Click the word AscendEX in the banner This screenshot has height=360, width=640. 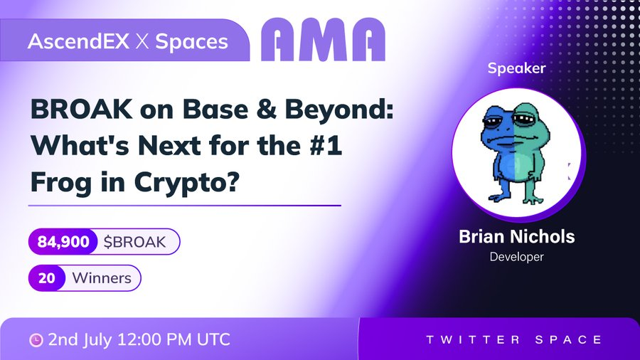pos(78,41)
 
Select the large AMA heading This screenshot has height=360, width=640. pos(323,40)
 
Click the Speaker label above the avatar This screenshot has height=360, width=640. pos(516,68)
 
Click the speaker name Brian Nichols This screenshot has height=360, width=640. pos(517,236)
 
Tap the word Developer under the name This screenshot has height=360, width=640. pos(517,257)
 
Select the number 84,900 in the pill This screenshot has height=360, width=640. pos(63,242)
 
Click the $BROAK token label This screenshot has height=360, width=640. pos(134,242)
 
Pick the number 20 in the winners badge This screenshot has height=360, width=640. pos(46,278)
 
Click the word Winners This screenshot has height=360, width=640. pos(102,278)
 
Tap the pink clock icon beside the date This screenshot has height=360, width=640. pos(36,340)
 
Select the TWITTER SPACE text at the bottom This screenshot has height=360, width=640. pos(514,339)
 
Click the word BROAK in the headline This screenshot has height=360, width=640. pos(82,110)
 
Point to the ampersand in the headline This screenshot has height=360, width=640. pos(266,110)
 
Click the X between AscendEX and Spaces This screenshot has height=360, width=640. pos(142,42)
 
